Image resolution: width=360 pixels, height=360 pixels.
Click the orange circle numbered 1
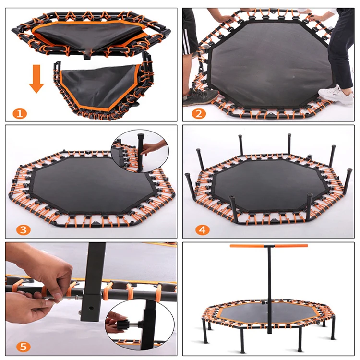[x=20, y=113]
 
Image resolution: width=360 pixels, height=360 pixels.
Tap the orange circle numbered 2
[x=199, y=113]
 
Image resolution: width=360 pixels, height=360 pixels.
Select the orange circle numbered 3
[x=23, y=230]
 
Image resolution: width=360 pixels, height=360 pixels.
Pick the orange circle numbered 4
[x=203, y=230]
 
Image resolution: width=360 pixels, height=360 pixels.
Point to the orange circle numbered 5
[x=23, y=347]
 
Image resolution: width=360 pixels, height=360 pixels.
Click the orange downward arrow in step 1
[x=36, y=79]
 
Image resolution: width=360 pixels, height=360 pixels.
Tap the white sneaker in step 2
[x=336, y=95]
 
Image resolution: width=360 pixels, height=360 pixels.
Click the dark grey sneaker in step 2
[x=200, y=97]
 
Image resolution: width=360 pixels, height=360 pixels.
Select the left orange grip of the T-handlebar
[x=247, y=246]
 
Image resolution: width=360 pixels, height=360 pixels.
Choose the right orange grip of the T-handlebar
[x=291, y=246]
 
